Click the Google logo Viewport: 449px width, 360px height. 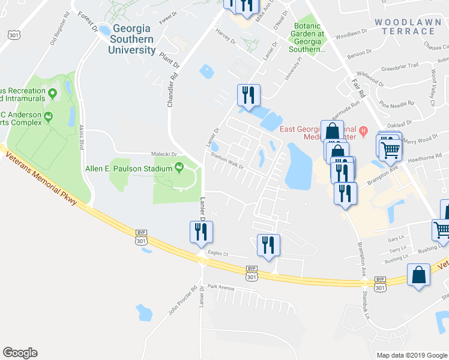[x=20, y=353]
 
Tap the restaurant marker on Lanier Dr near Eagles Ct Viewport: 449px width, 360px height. [x=199, y=232]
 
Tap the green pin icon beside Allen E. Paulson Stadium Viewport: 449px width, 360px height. [x=179, y=169]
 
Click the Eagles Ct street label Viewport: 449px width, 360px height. [x=218, y=254]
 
